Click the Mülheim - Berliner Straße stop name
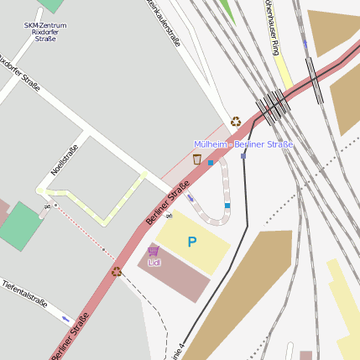243,144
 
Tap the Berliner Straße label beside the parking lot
167,206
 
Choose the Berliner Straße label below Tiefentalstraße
70,337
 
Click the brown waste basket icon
197,159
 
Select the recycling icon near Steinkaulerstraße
236,122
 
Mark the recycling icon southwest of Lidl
117,271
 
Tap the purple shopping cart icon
153,250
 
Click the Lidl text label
154,262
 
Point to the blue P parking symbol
192,243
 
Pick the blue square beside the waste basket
210,163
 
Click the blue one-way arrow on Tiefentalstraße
65,319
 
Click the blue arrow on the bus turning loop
190,198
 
